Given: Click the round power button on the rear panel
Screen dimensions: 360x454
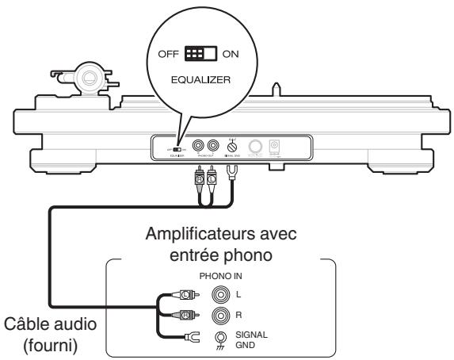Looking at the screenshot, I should click(258, 147).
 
